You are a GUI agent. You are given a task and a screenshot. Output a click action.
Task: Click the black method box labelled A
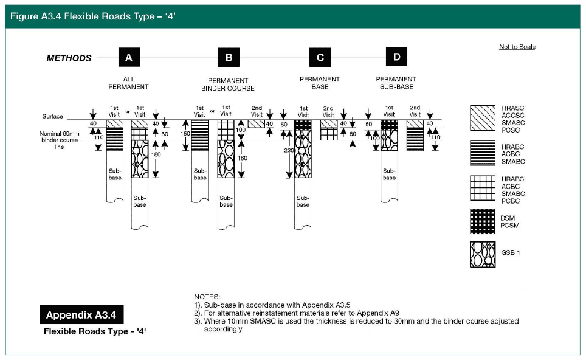(128, 58)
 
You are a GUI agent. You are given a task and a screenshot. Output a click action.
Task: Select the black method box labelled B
(229, 58)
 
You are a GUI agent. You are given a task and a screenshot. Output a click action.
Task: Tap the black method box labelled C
(320, 58)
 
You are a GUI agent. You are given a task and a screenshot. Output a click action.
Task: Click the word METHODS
(69, 58)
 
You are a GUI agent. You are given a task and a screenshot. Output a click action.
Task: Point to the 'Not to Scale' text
(517, 47)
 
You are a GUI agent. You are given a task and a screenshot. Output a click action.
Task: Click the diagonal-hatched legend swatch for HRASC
(482, 118)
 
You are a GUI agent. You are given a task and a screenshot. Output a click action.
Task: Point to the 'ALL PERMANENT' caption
(128, 83)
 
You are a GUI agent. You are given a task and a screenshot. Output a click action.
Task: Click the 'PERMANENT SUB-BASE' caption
(396, 83)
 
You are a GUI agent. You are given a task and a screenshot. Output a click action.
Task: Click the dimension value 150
(185, 134)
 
